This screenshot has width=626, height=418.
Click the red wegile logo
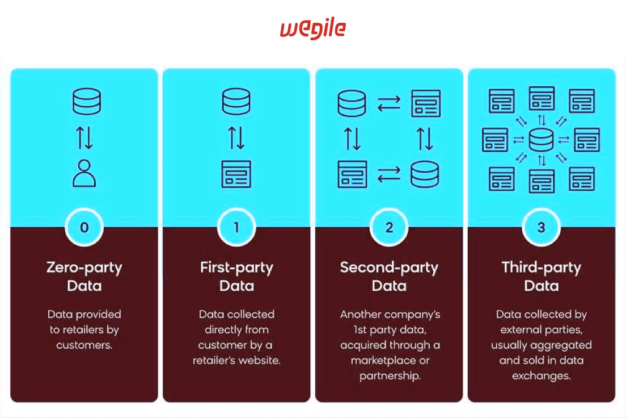[x=312, y=29]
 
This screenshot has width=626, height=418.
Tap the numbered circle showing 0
[x=84, y=228]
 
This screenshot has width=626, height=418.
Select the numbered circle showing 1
[x=236, y=228]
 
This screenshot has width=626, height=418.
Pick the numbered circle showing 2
[x=389, y=228]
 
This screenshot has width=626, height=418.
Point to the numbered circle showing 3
[x=541, y=228]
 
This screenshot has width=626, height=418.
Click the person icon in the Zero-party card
[x=84, y=173]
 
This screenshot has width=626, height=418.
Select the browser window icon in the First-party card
[x=236, y=174]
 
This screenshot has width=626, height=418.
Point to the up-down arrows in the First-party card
[x=236, y=138]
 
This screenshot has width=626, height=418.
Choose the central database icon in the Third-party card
[x=541, y=140]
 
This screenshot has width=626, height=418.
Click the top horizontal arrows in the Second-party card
[x=389, y=103]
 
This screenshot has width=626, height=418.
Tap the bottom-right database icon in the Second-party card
[x=425, y=174]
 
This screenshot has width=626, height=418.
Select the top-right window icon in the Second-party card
[x=426, y=103]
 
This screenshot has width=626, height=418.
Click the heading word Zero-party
[x=84, y=267]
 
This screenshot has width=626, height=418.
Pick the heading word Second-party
[x=389, y=267]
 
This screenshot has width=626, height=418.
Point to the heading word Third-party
[x=541, y=267]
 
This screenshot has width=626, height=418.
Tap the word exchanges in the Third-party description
[x=540, y=375]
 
